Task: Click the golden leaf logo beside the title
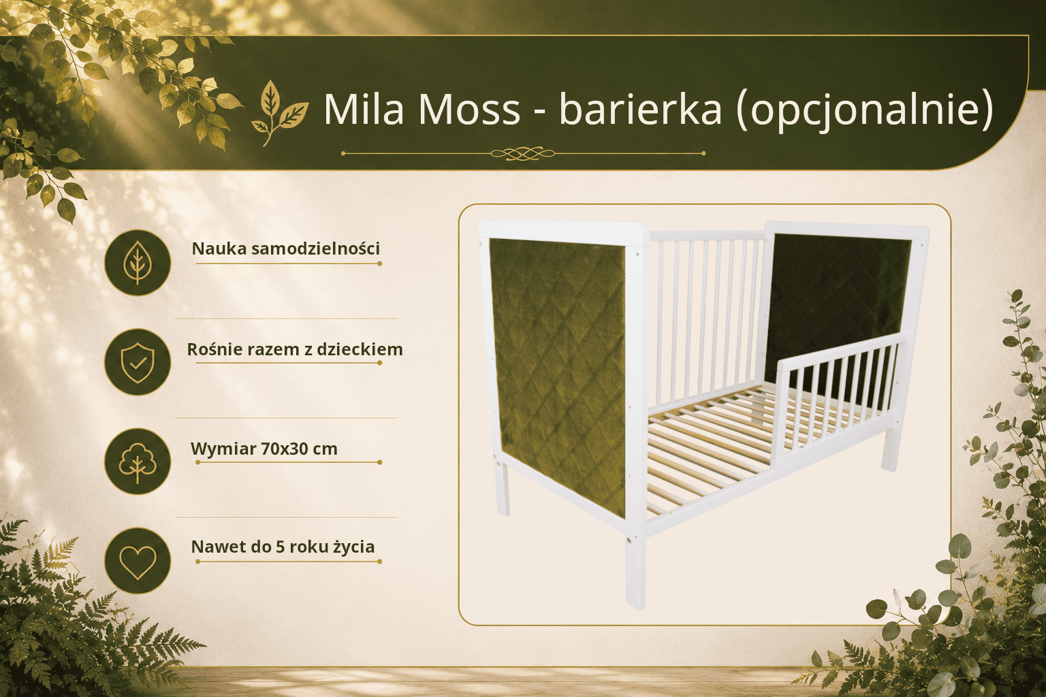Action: click(279, 113)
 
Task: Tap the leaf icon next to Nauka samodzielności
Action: click(138, 263)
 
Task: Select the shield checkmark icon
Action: click(138, 362)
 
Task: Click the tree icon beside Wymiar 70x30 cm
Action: click(138, 461)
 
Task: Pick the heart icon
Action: click(138, 561)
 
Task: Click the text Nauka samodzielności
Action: click(286, 248)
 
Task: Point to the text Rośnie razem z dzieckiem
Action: click(295, 349)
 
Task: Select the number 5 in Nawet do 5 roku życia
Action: click(280, 547)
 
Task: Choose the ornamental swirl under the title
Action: click(523, 153)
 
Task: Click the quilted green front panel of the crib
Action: click(557, 376)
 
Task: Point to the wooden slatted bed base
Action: click(747, 444)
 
